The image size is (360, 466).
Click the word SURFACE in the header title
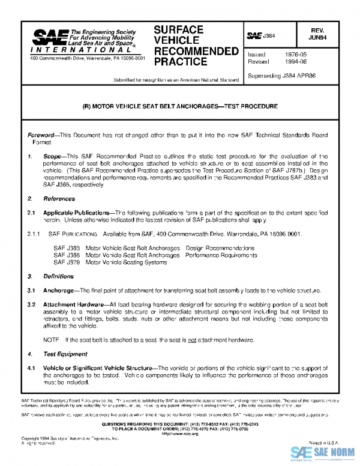point(178,29)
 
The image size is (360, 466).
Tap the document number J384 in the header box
point(268,36)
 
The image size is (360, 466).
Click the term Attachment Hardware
point(75,304)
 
